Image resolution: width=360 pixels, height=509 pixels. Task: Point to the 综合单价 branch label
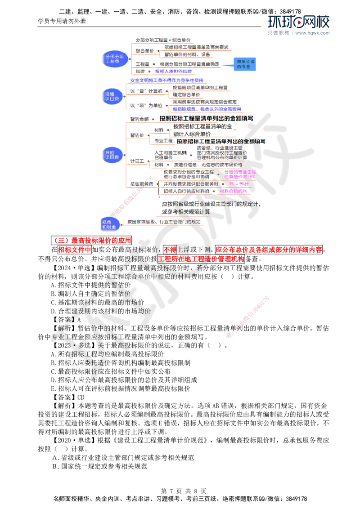(x=144, y=51)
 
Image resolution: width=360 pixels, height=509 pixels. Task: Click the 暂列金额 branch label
(x=139, y=119)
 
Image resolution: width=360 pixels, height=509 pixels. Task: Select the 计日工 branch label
(x=137, y=161)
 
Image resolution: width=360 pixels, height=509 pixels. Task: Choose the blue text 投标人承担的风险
(x=174, y=71)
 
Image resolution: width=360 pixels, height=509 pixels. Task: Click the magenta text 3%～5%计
(x=238, y=184)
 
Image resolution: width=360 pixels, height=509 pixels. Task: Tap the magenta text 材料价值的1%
(x=233, y=191)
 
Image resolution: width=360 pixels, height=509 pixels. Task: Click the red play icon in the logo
(x=298, y=21)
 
